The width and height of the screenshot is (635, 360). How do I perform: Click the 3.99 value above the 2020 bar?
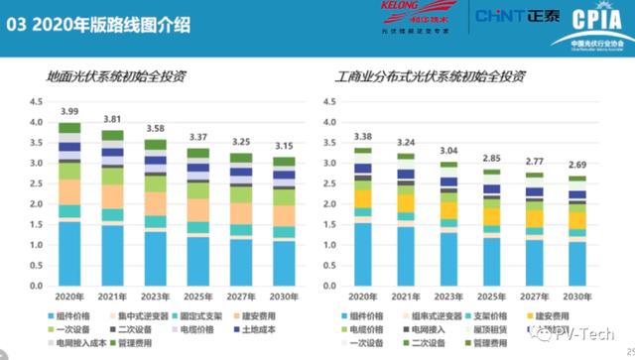click(x=69, y=111)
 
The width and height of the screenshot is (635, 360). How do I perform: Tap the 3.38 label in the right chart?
click(x=363, y=137)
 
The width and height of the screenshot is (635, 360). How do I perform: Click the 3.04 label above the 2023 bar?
click(x=449, y=151)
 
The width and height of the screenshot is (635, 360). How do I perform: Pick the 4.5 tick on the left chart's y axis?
click(x=36, y=102)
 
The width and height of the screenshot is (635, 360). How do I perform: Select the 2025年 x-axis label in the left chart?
click(x=198, y=297)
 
